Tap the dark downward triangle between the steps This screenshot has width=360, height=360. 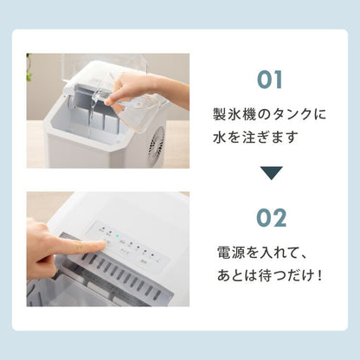point(270,173)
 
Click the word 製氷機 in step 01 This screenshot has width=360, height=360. point(233,115)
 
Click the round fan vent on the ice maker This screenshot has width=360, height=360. point(157,146)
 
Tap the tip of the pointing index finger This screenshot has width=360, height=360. point(103,247)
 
